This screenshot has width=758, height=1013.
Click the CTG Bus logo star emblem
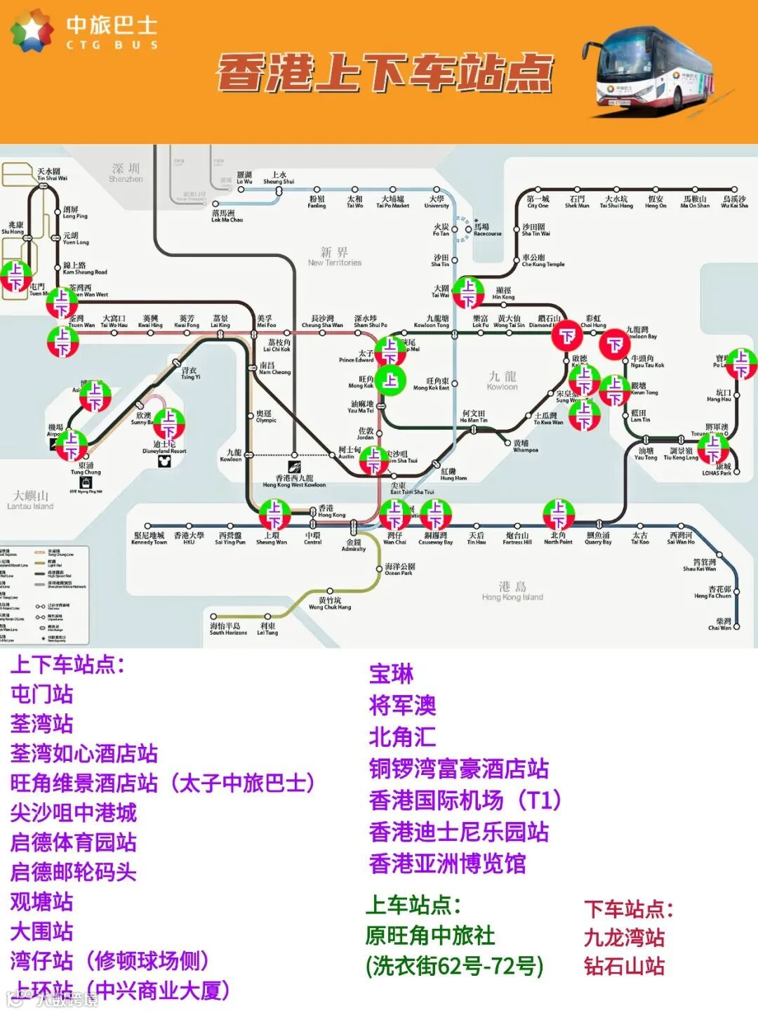point(32,31)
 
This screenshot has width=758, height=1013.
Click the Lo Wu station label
point(244,178)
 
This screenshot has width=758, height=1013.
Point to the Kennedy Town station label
point(148,538)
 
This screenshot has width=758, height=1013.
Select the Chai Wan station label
point(723,623)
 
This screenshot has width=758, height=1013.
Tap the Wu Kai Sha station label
point(734,202)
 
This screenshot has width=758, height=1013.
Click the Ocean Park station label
point(399,569)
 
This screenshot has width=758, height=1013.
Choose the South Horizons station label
point(228,628)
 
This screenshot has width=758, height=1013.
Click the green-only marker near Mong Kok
point(390,380)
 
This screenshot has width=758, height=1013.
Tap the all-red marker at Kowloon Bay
point(615,344)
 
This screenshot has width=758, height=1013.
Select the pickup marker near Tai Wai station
point(467,293)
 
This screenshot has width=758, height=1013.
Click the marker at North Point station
point(559,514)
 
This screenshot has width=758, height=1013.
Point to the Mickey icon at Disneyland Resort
point(164,461)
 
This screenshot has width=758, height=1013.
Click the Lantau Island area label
point(30,500)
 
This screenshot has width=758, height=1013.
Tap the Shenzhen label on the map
point(126,172)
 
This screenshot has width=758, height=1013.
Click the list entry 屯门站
point(42,694)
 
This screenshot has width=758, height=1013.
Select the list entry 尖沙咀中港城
point(74,813)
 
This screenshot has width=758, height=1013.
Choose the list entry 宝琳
point(391,674)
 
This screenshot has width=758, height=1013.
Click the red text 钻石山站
point(624,966)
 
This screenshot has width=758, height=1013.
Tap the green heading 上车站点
point(413,905)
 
